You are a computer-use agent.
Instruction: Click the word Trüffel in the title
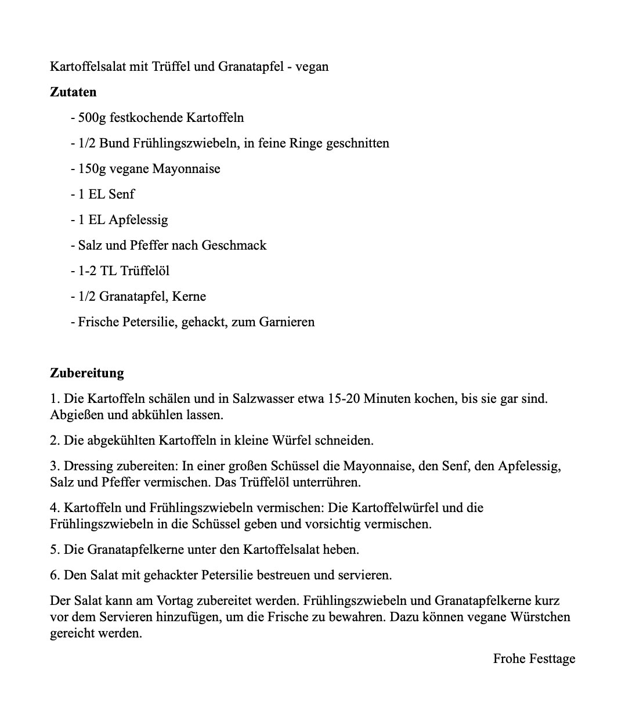click(171, 66)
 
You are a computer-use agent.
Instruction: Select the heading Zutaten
click(73, 92)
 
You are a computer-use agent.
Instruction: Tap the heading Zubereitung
click(87, 373)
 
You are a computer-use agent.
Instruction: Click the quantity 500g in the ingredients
click(92, 117)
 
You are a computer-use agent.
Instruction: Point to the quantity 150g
click(92, 168)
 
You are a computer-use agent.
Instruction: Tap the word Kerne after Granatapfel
click(189, 296)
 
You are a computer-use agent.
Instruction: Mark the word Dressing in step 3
click(89, 466)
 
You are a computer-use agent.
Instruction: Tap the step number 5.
click(54, 549)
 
